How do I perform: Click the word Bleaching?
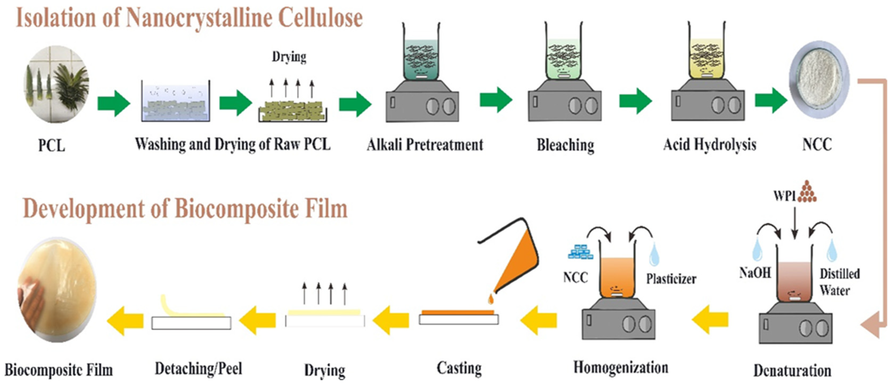[x=565, y=145]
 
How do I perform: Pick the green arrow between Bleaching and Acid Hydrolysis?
[x=635, y=101]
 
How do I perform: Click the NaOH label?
[x=755, y=273]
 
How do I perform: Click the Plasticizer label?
[x=671, y=279]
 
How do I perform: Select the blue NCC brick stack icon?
[x=581, y=252]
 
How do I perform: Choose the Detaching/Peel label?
[x=198, y=369]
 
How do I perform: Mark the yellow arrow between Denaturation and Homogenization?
[x=710, y=319]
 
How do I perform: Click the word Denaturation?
[x=792, y=370]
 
